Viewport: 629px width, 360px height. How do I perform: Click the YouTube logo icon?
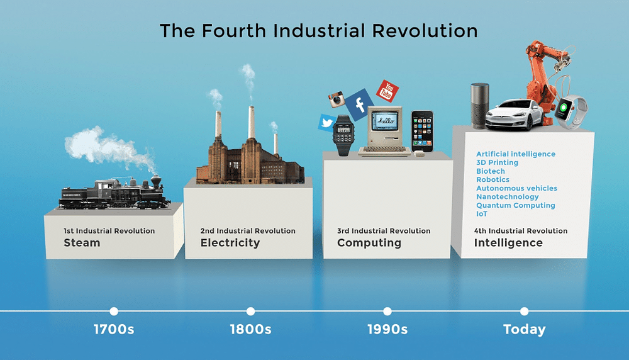tap(387, 91)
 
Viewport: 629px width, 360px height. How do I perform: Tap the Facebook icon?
tap(359, 104)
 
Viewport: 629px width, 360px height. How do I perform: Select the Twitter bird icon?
tap(327, 122)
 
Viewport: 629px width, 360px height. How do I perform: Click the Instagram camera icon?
tap(337, 99)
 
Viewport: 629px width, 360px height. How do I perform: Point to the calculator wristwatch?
tap(343, 135)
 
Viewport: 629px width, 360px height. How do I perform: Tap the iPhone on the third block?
tap(423, 132)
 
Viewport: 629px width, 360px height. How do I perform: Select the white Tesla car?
tap(515, 115)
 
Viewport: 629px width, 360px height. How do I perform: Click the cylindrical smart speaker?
tap(480, 106)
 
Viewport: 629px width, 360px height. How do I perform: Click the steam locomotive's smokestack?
tap(155, 181)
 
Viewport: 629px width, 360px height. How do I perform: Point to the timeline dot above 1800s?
tap(251, 311)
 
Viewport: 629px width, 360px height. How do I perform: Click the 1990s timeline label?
tap(387, 330)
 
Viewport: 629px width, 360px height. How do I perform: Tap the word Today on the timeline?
tap(525, 330)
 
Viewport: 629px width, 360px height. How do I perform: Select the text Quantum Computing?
tap(516, 205)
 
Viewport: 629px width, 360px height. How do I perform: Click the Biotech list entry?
tap(491, 171)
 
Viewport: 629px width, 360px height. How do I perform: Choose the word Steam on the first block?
tap(82, 243)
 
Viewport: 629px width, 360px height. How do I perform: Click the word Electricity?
tap(230, 243)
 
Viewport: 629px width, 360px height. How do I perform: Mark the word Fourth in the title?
tap(234, 31)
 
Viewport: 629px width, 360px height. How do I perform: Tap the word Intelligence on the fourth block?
tap(508, 243)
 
